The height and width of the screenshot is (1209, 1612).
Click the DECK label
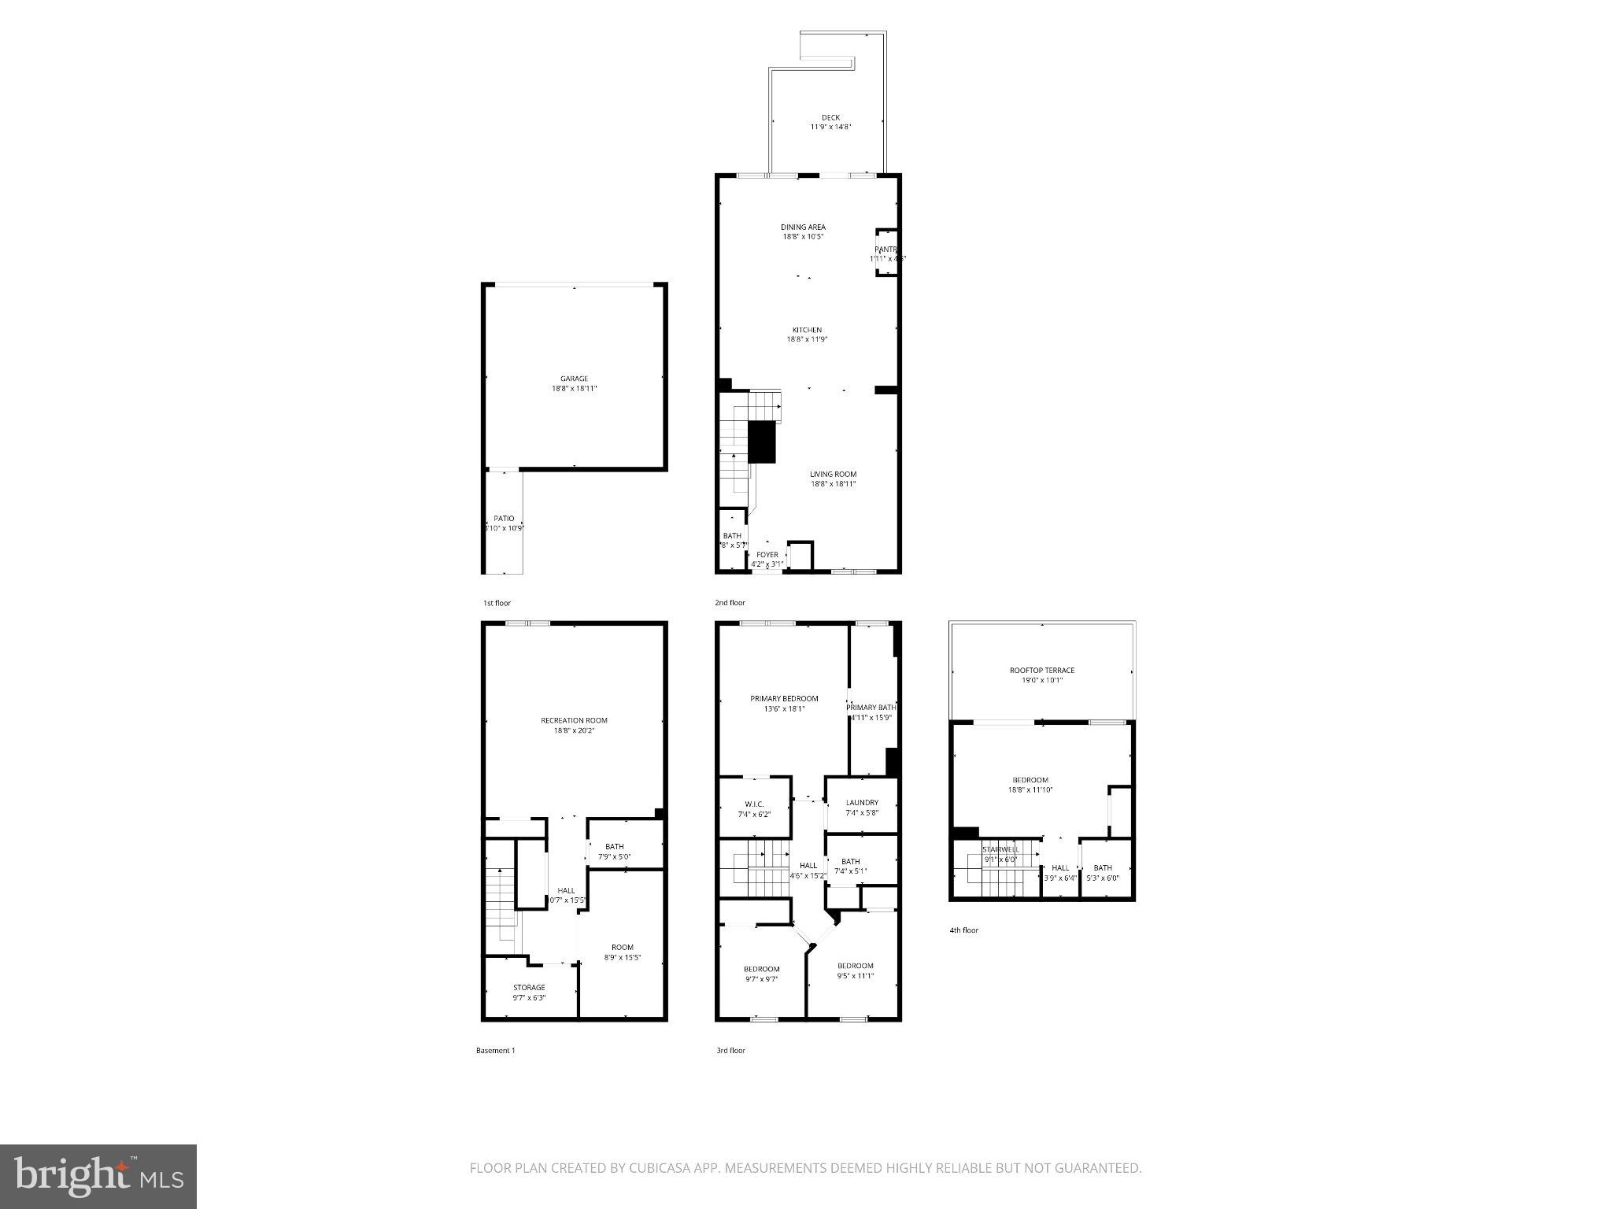coord(830,117)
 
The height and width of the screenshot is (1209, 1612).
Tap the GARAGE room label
coord(574,379)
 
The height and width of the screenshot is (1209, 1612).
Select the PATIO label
coord(504,518)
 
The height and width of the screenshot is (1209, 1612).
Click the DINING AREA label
coord(803,227)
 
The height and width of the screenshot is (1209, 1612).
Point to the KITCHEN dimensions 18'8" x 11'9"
coord(807,339)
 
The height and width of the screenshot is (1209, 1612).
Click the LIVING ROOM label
coord(833,474)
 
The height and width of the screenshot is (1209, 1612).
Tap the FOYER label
coord(767,554)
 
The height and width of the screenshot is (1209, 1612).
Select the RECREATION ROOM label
coord(574,720)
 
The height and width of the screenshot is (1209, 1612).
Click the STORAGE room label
coord(529,987)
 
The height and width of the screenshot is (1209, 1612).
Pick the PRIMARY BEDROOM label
coord(784,698)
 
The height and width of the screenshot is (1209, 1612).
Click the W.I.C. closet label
coord(754,804)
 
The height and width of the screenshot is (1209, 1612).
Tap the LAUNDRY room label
coord(862,803)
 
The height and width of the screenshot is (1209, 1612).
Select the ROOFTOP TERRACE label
coord(1042,671)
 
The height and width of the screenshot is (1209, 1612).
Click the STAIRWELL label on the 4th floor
coord(1000,849)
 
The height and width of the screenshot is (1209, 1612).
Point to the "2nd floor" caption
coord(730,603)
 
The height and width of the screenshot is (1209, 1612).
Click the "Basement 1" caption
coord(495,1050)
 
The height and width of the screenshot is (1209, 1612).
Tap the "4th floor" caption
coord(963,930)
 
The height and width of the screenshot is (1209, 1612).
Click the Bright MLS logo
coord(98,1176)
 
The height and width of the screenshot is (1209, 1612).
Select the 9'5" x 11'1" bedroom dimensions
coord(855,976)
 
